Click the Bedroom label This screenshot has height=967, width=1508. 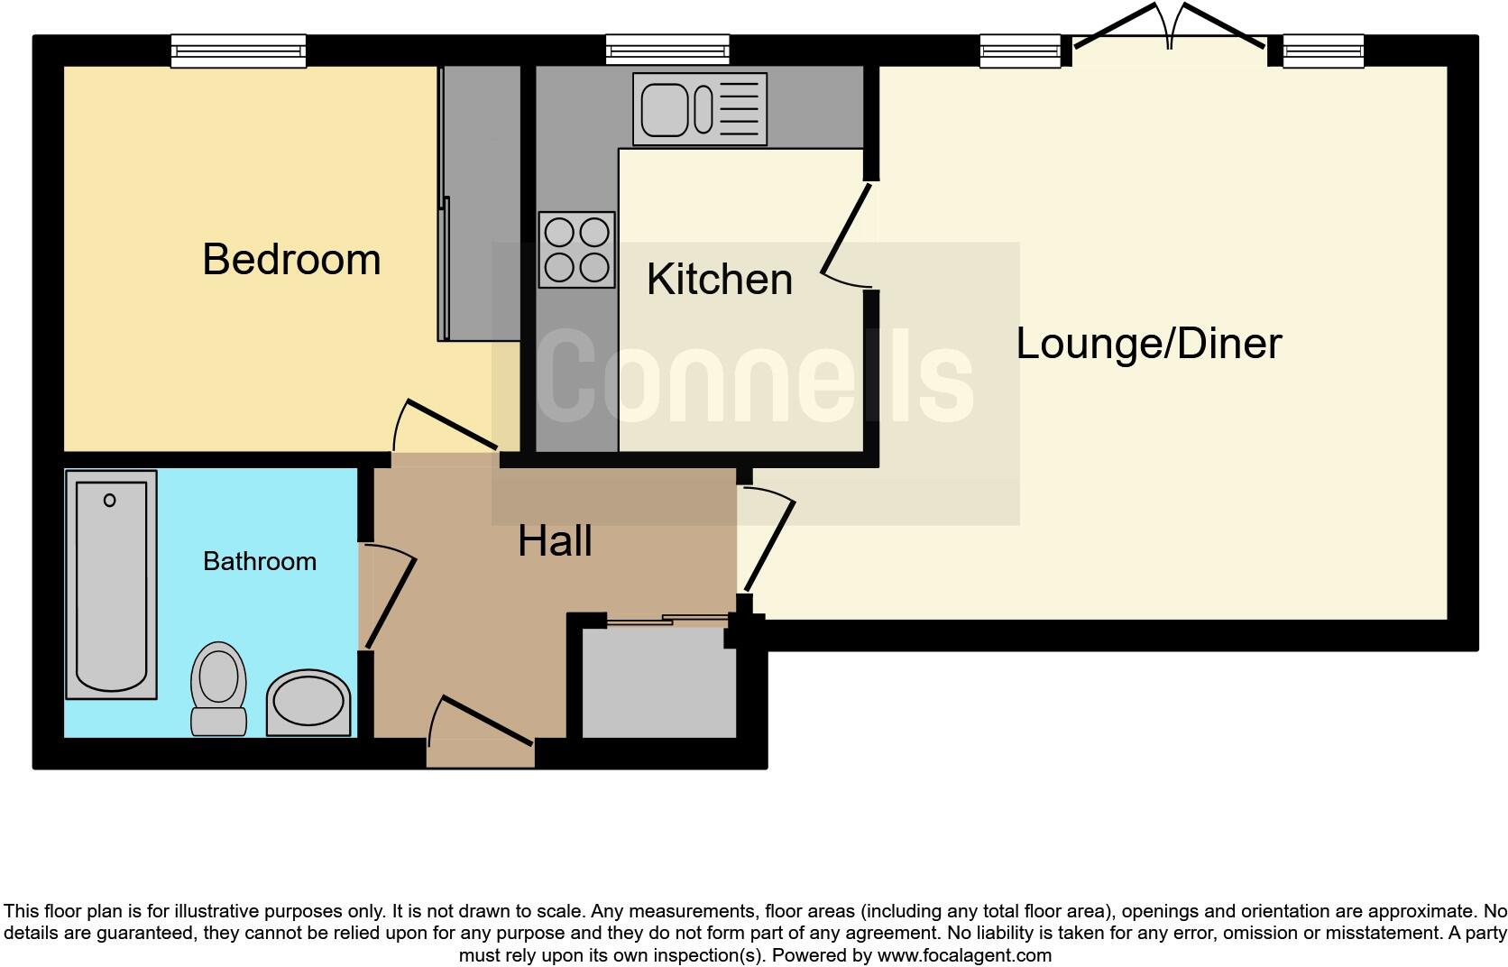[291, 260]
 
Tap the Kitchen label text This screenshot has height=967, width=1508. [719, 280]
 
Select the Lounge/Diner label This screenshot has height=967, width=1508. [1148, 344]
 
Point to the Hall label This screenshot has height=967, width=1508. [555, 541]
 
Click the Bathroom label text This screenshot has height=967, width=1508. [260, 561]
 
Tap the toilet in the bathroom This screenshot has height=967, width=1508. [219, 687]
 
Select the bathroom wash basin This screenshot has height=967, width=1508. [308, 703]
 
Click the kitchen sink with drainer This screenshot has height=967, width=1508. [699, 109]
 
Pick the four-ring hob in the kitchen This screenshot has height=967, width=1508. [577, 250]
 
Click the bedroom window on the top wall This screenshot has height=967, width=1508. [239, 50]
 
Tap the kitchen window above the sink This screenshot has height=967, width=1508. [667, 50]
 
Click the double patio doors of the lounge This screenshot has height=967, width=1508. [1169, 32]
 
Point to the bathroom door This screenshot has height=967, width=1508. [390, 600]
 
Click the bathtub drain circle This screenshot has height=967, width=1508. [110, 500]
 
